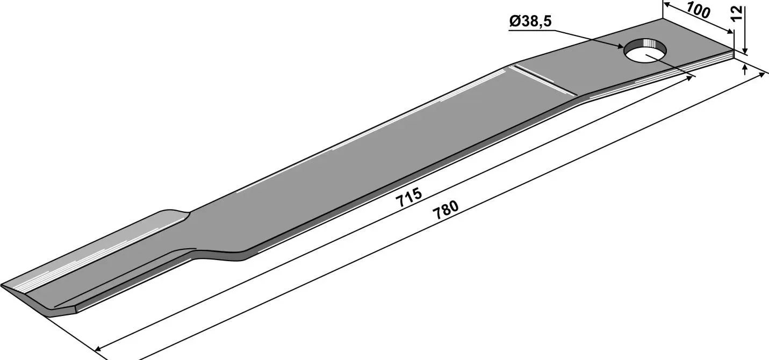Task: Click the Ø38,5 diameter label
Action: [530, 21]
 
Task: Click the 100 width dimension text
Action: [698, 10]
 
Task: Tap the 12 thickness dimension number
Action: [737, 14]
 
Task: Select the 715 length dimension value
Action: [408, 197]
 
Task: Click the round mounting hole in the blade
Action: [645, 51]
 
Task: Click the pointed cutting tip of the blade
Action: [2, 285]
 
